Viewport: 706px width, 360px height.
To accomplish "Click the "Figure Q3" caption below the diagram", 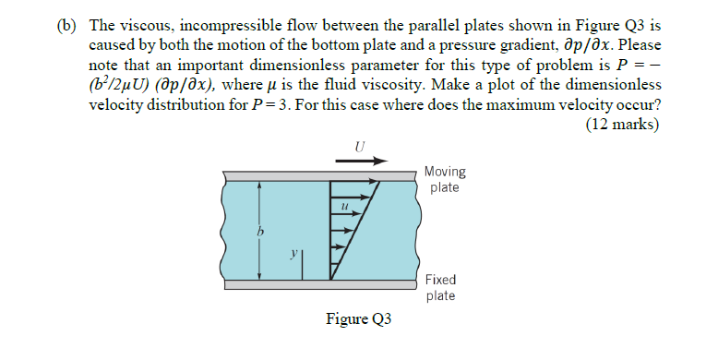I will tap(359, 320).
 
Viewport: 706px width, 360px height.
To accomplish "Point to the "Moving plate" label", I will tap(445, 180).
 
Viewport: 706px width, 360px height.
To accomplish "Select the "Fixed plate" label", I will tap(440, 287).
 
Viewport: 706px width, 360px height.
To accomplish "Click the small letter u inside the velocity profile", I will tap(343, 209).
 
